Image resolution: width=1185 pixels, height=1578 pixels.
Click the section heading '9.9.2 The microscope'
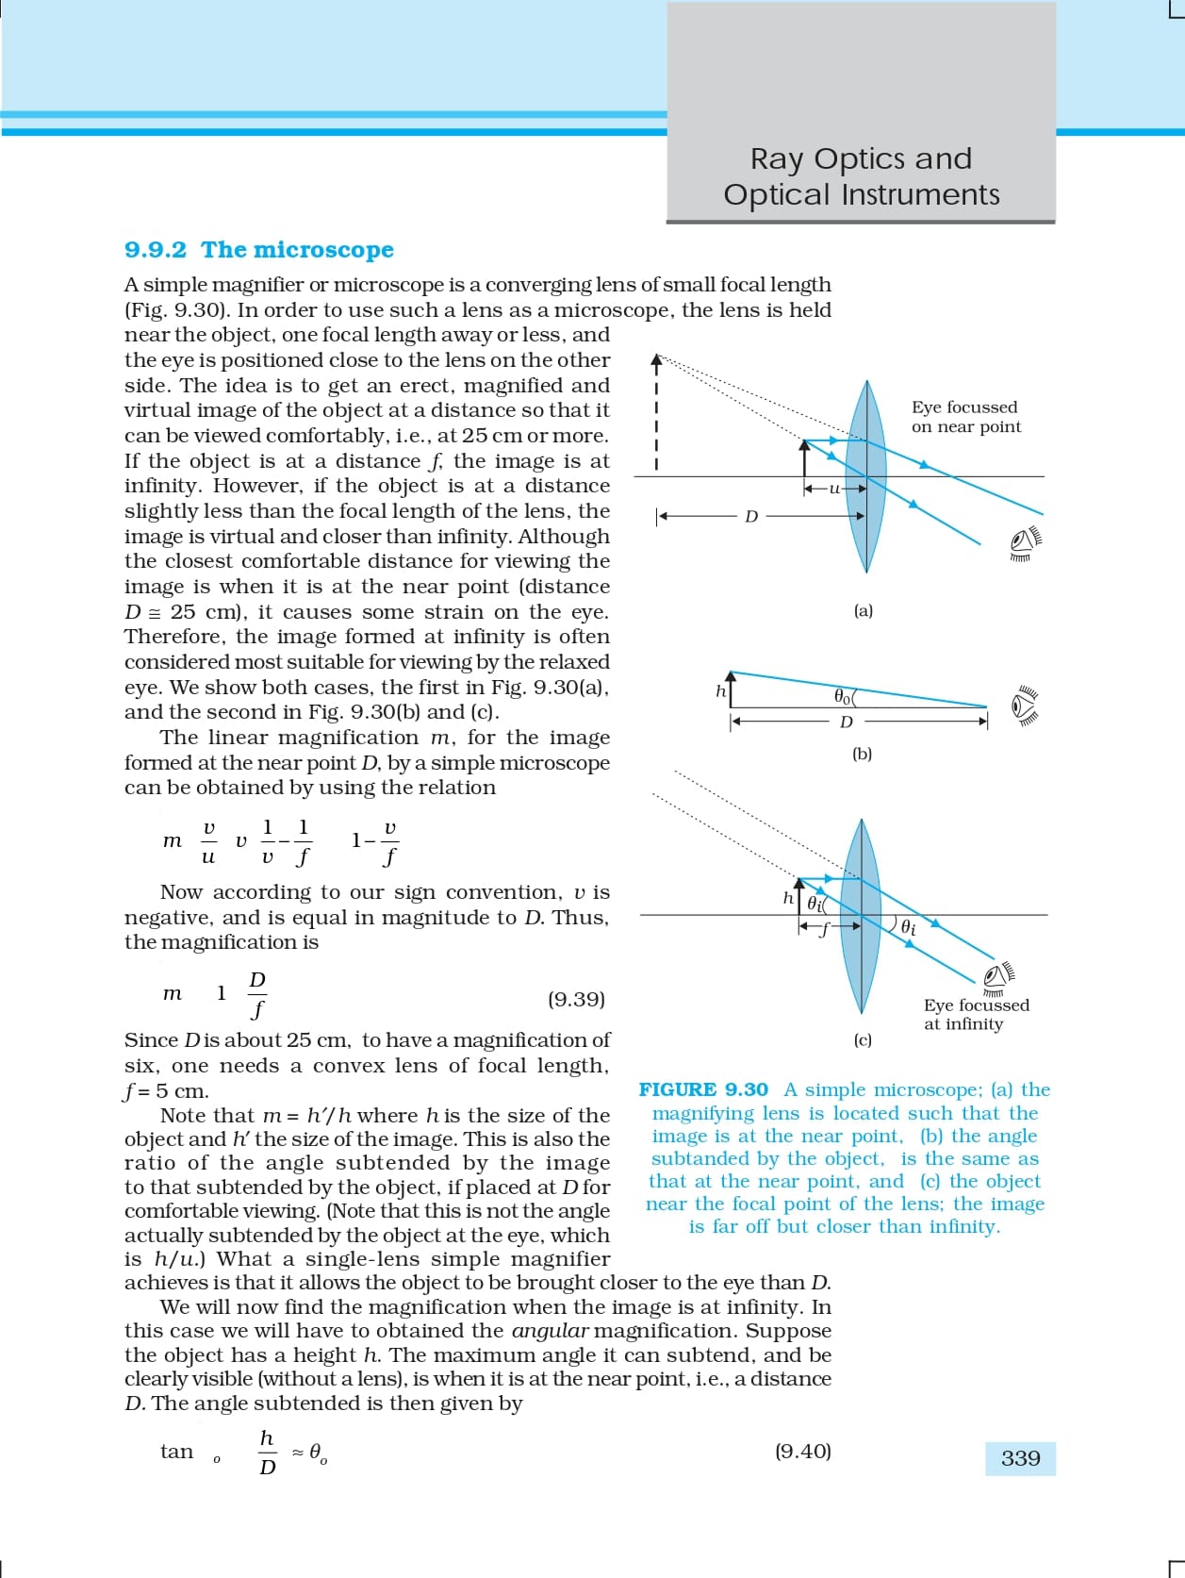(259, 250)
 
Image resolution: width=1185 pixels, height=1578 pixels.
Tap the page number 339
(1020, 1458)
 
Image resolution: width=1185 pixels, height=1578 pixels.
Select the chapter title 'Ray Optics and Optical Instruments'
(861, 176)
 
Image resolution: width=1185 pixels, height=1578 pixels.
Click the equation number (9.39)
(576, 999)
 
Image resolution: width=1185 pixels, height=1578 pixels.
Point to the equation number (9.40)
(802, 1452)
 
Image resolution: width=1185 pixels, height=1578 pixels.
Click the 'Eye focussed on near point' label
(965, 417)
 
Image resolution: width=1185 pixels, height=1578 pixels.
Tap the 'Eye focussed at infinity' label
(976, 1015)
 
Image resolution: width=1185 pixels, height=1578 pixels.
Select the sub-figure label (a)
(863, 611)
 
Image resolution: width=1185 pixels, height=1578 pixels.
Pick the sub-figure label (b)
(862, 755)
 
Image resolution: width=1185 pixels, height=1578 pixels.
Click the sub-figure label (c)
(862, 1040)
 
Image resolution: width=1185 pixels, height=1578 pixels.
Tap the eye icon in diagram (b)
(1025, 706)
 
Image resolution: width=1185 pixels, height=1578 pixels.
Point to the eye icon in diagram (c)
(999, 975)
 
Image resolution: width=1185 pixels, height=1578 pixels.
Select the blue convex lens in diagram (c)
(861, 915)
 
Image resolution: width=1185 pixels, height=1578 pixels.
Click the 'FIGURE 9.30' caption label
(703, 1090)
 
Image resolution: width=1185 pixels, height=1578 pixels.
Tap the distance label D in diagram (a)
(751, 517)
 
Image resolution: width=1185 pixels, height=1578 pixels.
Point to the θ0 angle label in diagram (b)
(843, 697)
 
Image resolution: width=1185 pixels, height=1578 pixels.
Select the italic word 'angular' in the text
(550, 1332)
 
